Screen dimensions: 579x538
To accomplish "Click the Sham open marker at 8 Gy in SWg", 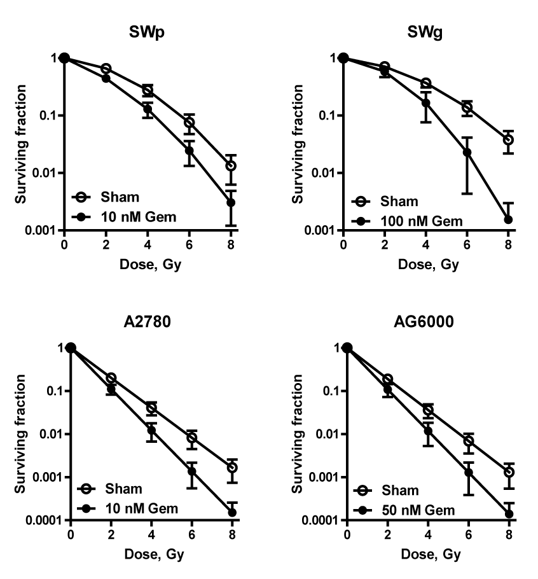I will [508, 140].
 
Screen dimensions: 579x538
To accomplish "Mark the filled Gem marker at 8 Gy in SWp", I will [231, 203].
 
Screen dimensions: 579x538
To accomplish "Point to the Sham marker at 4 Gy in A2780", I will [151, 408].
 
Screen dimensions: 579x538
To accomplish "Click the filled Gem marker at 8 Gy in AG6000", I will [509, 513].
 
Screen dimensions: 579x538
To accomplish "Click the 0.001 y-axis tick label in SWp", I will [42, 230].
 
